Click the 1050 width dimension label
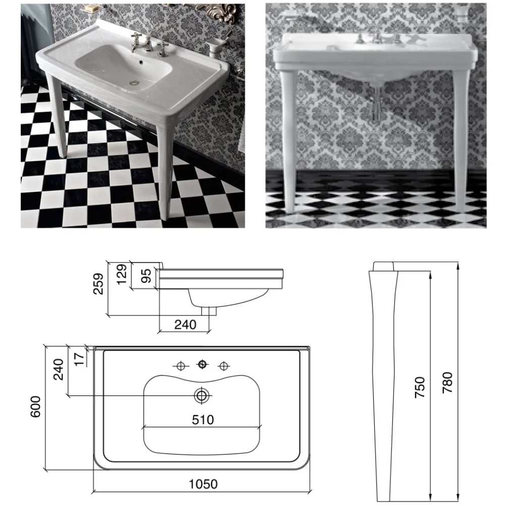pyautogui.click(x=203, y=484)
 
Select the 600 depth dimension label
pyautogui.click(x=35, y=406)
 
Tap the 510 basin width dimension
pyautogui.click(x=203, y=420)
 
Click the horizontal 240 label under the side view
pyautogui.click(x=185, y=325)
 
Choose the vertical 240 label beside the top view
pyautogui.click(x=59, y=369)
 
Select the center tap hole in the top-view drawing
pyautogui.click(x=203, y=364)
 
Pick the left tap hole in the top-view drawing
pyautogui.click(x=180, y=365)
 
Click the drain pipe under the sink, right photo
pyautogui.click(x=375, y=108)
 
